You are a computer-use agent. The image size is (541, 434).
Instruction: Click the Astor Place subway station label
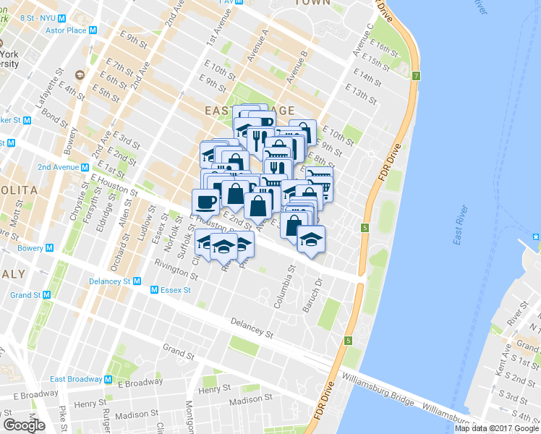(x=66, y=30)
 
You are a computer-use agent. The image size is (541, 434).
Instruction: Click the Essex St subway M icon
(x=154, y=290)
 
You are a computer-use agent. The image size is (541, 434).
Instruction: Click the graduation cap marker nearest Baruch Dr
(x=311, y=239)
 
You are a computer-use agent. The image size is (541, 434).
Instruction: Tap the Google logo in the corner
(x=23, y=425)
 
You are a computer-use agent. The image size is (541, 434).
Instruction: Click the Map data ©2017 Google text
(x=497, y=428)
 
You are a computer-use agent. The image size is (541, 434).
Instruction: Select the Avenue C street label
(x=363, y=40)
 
